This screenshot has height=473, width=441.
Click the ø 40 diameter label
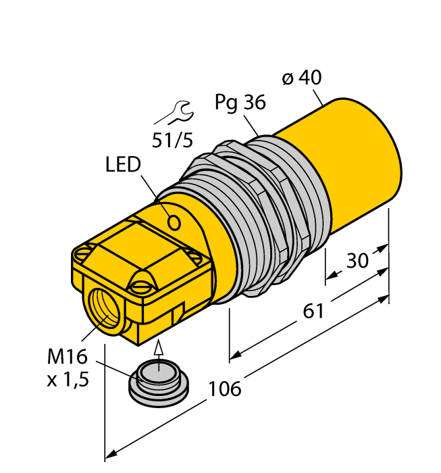click(301, 78)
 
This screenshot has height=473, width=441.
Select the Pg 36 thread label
click(240, 102)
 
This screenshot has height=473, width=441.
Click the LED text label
click(123, 164)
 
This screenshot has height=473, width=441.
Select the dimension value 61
click(313, 312)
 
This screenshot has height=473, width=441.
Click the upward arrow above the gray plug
click(159, 349)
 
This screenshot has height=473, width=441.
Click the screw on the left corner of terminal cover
click(82, 254)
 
